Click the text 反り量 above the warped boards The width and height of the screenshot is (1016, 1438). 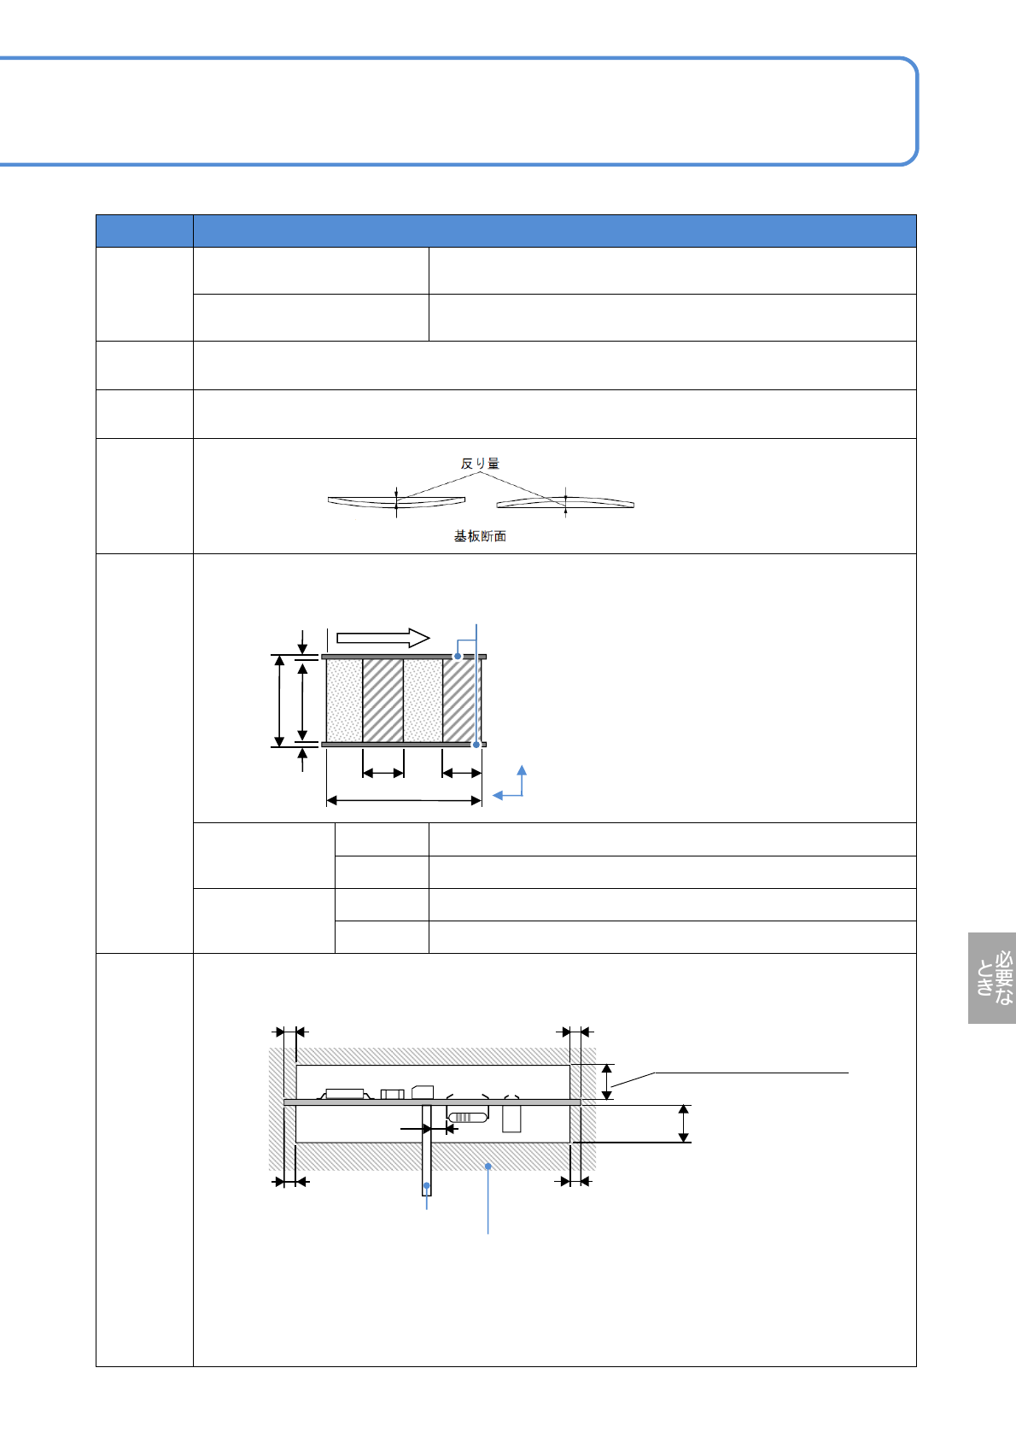click(480, 464)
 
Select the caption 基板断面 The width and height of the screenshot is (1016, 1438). click(480, 536)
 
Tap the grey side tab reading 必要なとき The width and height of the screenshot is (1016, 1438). click(993, 978)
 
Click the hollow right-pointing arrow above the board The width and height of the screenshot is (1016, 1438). click(382, 638)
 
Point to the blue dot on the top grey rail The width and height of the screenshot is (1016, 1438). click(458, 657)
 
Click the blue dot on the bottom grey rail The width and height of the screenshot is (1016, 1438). click(476, 745)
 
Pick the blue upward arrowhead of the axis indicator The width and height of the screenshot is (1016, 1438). click(522, 770)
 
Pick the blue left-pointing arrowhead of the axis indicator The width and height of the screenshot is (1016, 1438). click(498, 796)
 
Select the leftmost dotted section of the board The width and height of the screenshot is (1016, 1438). click(345, 700)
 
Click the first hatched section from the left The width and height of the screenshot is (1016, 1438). click(383, 700)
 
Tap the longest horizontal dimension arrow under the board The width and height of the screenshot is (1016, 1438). click(405, 800)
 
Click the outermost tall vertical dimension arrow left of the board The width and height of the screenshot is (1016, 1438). click(279, 701)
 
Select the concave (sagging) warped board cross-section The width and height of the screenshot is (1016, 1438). click(396, 501)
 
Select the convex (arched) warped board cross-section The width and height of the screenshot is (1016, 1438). click(565, 502)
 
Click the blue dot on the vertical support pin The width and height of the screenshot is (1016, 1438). click(427, 1185)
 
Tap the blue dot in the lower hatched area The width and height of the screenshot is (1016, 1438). click(488, 1165)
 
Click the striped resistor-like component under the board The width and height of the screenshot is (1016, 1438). click(468, 1117)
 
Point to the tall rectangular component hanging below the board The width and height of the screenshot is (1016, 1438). click(511, 1119)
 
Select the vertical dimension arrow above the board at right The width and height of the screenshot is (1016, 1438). click(607, 1082)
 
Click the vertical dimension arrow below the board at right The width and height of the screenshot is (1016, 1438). click(683, 1123)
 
